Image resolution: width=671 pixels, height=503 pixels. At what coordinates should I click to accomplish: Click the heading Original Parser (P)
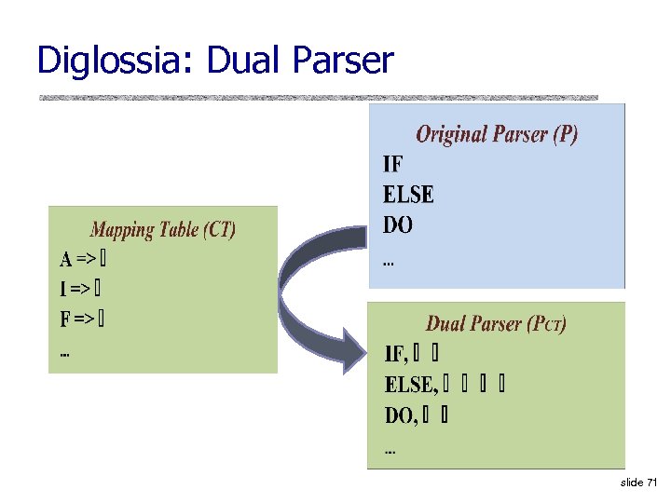[x=496, y=134]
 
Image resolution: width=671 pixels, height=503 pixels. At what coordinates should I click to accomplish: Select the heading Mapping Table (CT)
[x=163, y=229]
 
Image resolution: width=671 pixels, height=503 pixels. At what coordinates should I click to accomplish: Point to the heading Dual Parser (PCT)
[x=496, y=324]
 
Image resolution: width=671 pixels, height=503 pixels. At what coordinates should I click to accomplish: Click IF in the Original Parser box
[x=393, y=165]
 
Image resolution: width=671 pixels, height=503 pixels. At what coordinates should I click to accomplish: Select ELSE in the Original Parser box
[x=408, y=196]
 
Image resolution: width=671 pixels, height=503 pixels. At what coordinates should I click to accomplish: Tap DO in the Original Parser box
[x=398, y=225]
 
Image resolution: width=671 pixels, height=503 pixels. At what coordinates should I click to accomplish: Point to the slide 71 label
[x=638, y=483]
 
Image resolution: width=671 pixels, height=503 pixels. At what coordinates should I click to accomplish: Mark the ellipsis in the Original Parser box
[x=389, y=263]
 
